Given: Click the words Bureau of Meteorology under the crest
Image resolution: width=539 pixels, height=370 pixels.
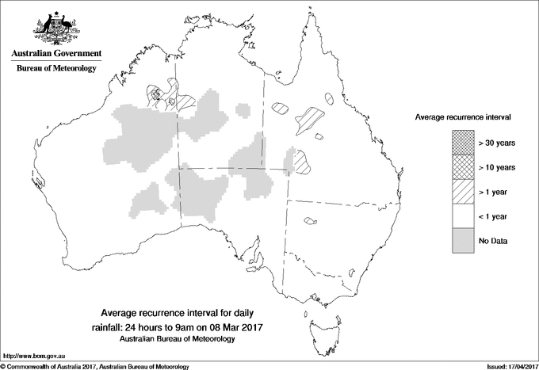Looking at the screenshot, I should pos(56,69).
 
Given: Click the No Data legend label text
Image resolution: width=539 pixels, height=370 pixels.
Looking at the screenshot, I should pos(493,241).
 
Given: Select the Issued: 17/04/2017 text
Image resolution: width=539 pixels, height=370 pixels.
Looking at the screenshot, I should pos(505,365).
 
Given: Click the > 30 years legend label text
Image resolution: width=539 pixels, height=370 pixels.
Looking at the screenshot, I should pos(497,143).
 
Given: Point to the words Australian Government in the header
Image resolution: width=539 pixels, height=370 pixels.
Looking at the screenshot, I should pos(56,54).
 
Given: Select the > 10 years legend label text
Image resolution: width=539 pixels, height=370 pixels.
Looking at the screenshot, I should pos(497,167).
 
